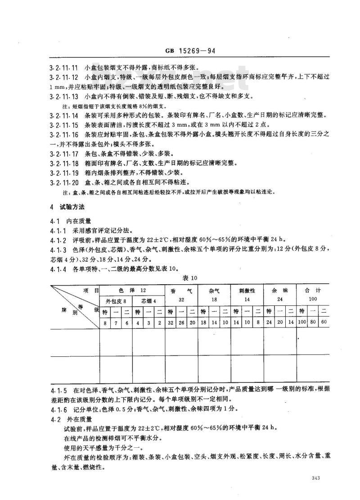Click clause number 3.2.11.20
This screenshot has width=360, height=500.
(x=63, y=182)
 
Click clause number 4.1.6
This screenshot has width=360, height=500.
(x=58, y=409)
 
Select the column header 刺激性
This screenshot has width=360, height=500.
(x=247, y=291)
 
